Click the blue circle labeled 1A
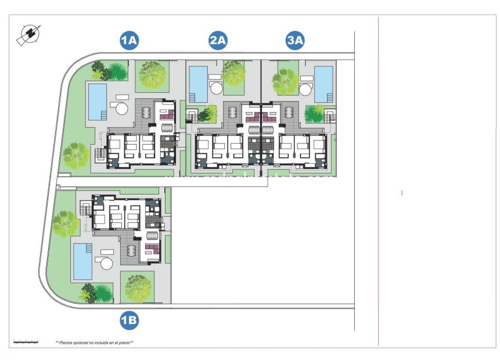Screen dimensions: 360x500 128,40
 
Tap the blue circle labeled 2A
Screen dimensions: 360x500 218,40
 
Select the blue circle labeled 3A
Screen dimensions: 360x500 295,40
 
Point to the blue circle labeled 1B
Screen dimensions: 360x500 128,319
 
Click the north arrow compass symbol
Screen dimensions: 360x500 27,35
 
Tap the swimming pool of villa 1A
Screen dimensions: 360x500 97,101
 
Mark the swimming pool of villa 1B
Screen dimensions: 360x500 82,261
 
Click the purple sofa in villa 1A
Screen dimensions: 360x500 167,115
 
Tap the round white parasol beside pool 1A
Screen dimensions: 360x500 121,109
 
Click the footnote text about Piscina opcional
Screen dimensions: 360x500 95,343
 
